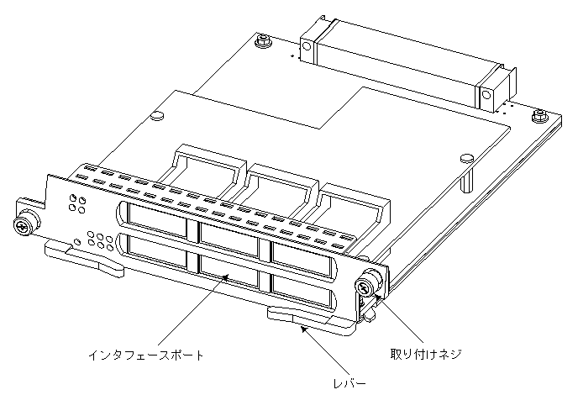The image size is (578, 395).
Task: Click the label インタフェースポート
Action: pyautogui.click(x=146, y=355)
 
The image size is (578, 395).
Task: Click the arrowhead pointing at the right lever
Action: pyautogui.click(x=303, y=330)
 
